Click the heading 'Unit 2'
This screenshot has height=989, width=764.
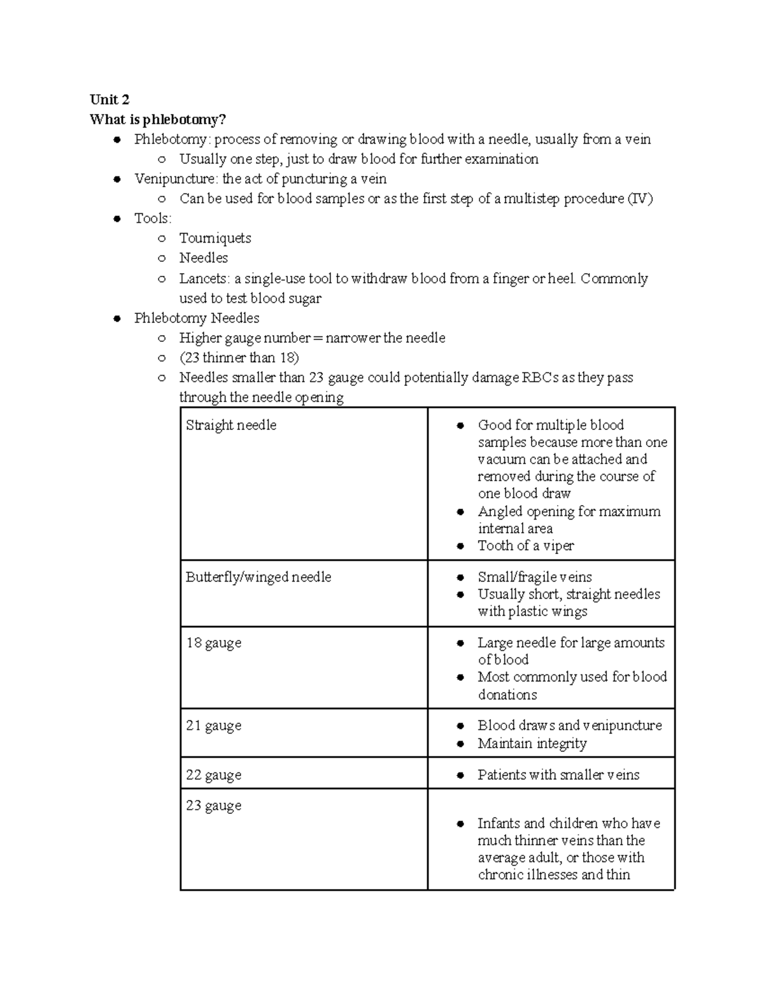point(110,99)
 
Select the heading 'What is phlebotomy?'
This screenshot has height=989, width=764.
point(158,119)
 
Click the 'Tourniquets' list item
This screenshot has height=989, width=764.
point(215,238)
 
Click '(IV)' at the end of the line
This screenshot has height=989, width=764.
point(640,199)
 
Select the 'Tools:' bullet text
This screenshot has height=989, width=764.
point(153,218)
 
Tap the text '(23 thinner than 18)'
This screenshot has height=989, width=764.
point(239,357)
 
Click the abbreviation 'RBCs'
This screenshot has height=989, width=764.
point(540,378)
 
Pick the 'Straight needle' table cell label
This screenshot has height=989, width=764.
point(231,425)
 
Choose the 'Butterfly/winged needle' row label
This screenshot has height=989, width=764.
point(258,577)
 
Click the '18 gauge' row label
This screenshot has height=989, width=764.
point(213,643)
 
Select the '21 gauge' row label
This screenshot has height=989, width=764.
point(213,725)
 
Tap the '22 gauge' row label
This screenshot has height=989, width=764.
point(213,775)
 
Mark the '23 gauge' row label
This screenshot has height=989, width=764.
point(213,806)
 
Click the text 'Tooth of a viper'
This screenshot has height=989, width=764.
point(526,546)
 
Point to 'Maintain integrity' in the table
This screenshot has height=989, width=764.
point(532,743)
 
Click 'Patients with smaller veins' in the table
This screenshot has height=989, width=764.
point(558,775)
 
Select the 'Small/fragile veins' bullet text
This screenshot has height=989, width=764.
point(535,577)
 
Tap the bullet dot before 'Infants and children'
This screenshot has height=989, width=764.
point(460,824)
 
